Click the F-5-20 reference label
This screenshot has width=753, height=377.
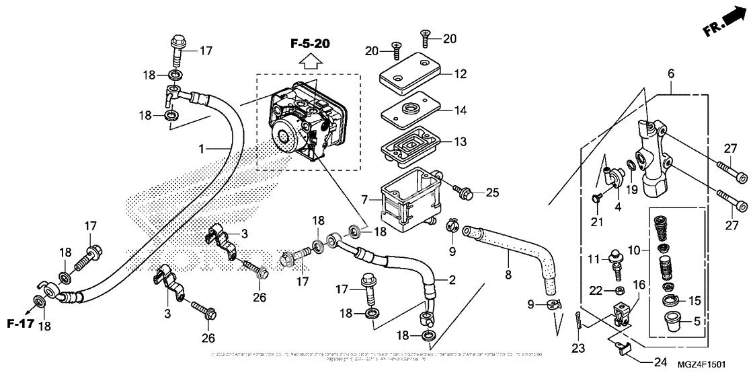[x=310, y=44]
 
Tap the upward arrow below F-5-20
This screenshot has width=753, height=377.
[x=309, y=63]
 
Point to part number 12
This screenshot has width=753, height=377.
[x=459, y=74]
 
